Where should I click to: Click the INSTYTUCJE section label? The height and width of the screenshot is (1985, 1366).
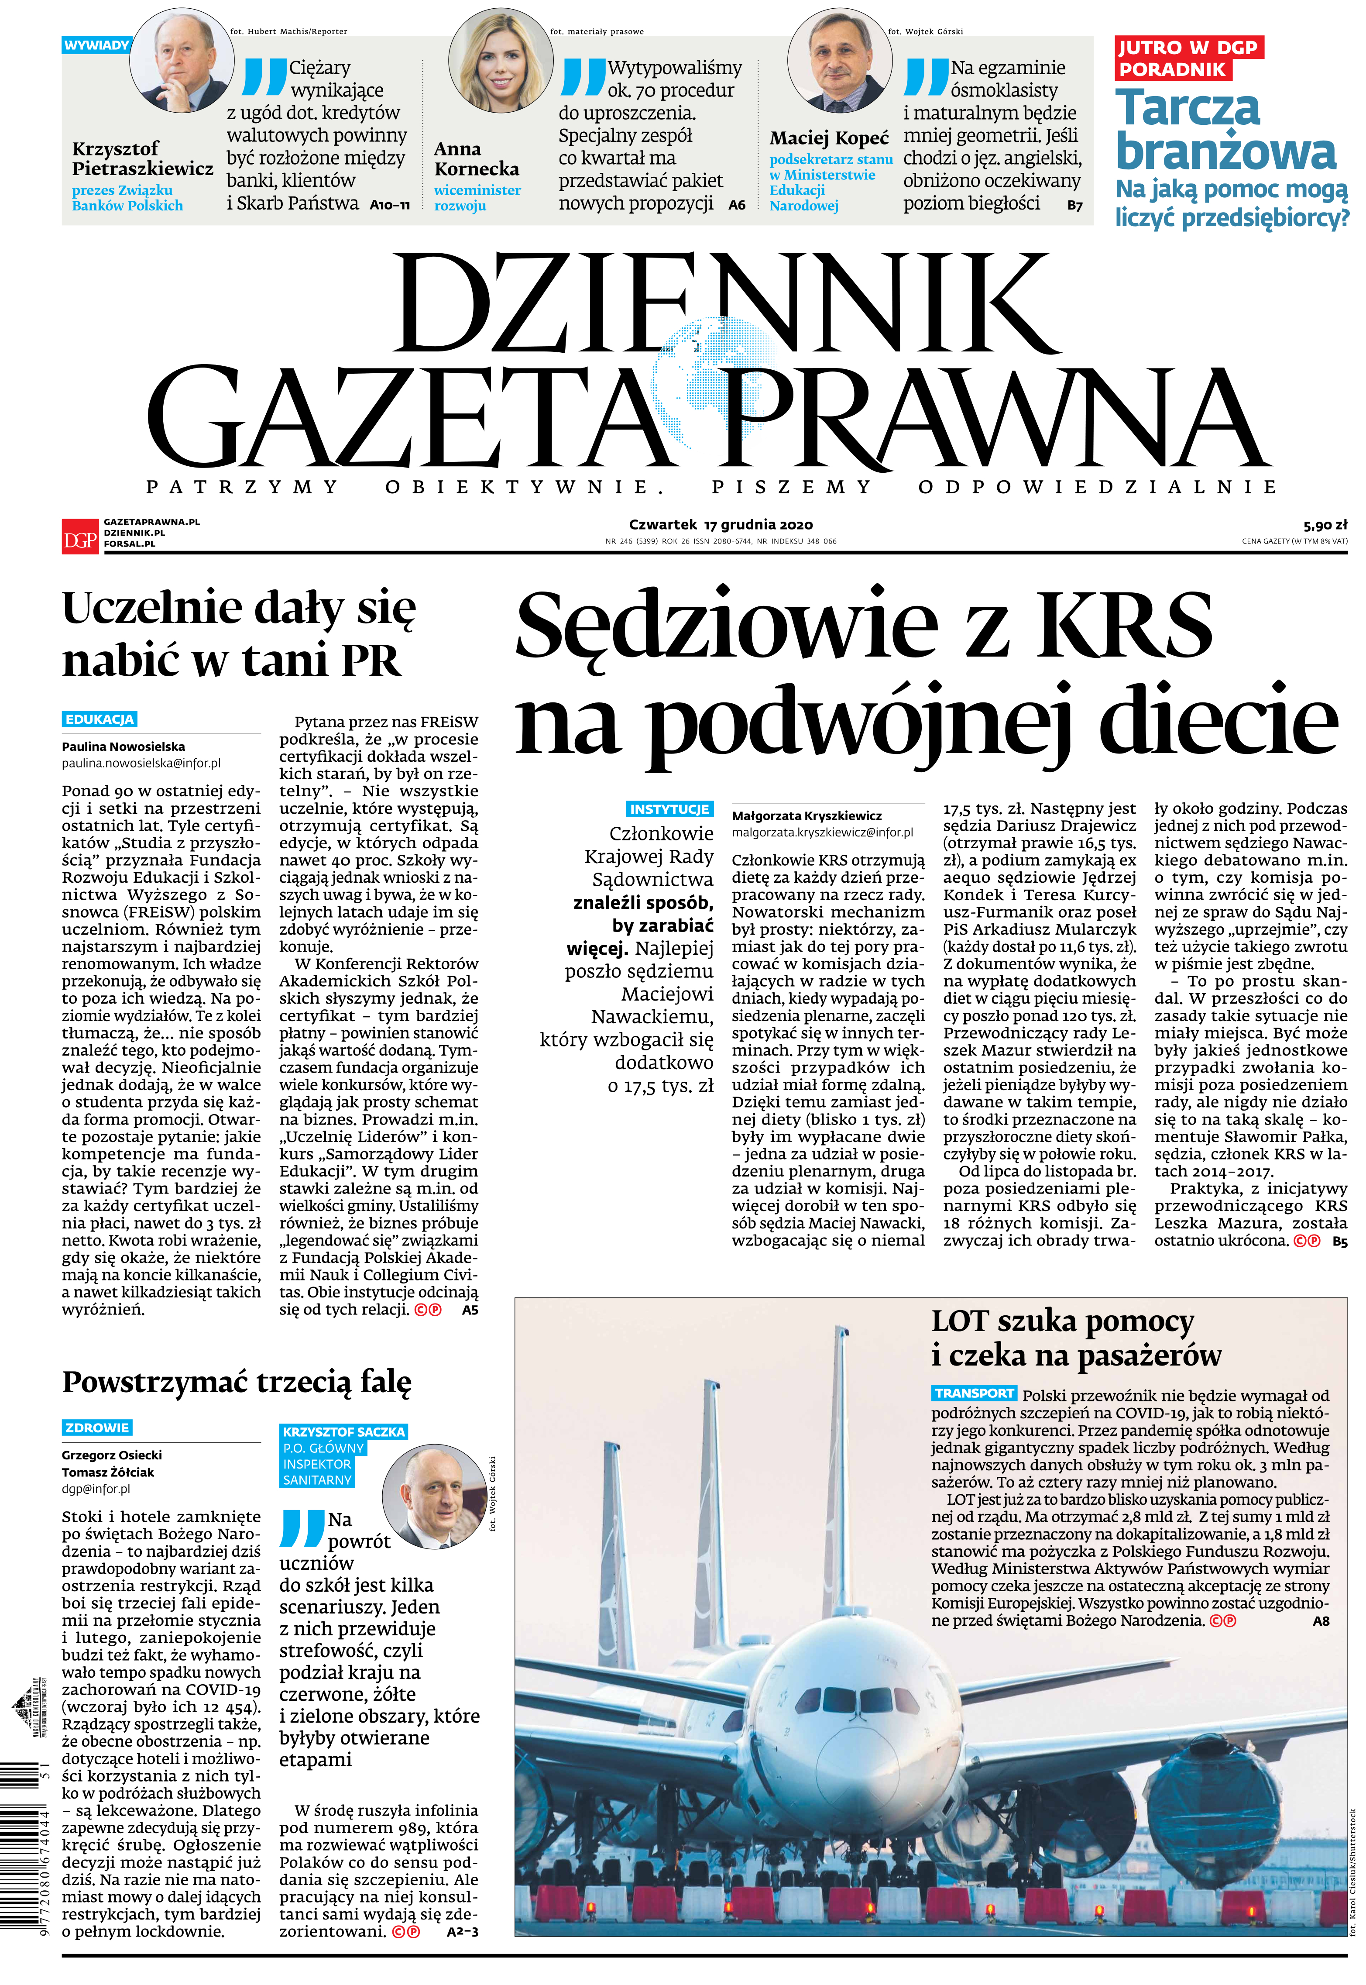(669, 809)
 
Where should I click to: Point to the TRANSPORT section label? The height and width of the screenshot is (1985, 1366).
(974, 1393)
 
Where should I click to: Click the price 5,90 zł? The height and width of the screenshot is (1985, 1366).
(1325, 525)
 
